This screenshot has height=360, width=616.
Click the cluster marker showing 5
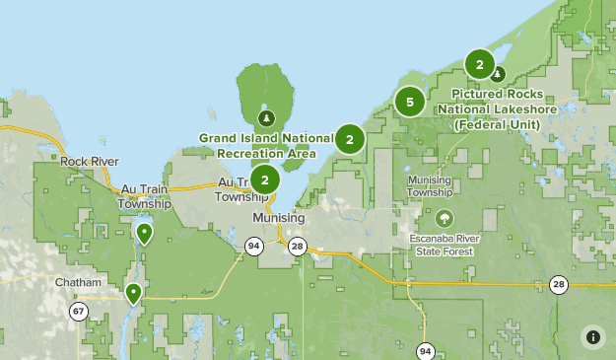(x=410, y=101)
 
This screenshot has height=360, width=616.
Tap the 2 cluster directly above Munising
(x=264, y=180)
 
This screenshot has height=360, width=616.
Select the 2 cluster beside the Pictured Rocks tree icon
(x=480, y=66)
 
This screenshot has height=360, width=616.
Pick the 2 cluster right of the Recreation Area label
(x=349, y=139)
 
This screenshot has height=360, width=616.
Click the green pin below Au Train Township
(x=145, y=234)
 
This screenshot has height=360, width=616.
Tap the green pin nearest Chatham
(x=133, y=293)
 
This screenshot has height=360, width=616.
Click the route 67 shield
(x=78, y=311)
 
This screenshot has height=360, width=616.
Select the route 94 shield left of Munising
(x=254, y=246)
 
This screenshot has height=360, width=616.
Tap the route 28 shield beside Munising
(x=298, y=246)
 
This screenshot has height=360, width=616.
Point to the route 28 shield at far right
(x=560, y=284)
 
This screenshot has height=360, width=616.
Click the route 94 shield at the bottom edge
(x=425, y=350)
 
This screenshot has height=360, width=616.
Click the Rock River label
(x=89, y=161)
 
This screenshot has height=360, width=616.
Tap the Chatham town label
(x=79, y=282)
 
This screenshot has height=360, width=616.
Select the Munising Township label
(x=430, y=186)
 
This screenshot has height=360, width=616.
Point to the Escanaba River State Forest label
(x=444, y=246)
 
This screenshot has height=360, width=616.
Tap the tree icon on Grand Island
(x=265, y=118)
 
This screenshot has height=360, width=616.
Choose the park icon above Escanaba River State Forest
(x=445, y=219)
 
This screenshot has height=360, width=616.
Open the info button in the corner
(x=593, y=336)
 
